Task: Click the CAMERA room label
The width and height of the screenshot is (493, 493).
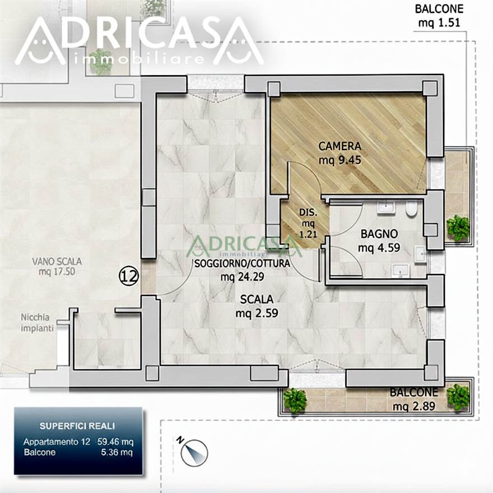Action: point(339,146)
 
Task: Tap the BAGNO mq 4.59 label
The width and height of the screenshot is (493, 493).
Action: point(379,240)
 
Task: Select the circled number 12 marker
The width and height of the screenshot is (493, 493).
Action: point(129,276)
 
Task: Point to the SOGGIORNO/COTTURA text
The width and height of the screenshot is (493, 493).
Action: point(242,263)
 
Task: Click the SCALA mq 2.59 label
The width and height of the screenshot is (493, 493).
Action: point(257,306)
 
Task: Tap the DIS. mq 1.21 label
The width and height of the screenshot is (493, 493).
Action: point(308,223)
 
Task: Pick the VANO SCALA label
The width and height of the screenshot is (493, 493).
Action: point(57,261)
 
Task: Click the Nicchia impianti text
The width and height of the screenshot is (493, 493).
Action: point(37,323)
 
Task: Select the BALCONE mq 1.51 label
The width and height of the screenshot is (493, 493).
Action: point(439,16)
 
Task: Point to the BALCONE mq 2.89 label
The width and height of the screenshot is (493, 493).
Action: point(414,399)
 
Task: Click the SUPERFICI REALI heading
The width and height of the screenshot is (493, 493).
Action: point(77,426)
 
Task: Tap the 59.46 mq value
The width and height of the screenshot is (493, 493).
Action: point(115,442)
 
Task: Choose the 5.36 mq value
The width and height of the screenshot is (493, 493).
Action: point(117,453)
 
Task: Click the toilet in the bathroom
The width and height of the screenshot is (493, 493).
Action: point(410,209)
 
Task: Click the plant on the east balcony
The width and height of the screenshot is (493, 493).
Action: point(458,228)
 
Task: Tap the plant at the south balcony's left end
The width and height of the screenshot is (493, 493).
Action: point(295,401)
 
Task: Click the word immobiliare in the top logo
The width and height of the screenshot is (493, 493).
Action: point(138,59)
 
